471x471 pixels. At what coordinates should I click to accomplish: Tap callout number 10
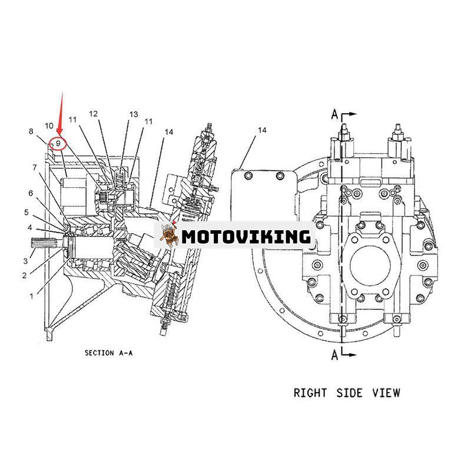(x=49, y=125)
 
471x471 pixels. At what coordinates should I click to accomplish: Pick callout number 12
(x=94, y=113)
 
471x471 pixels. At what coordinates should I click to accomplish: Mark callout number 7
(x=35, y=167)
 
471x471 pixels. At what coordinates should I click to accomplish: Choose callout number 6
(x=31, y=193)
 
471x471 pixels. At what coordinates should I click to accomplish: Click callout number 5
(x=26, y=212)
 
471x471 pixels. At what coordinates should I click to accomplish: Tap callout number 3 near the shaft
(x=25, y=261)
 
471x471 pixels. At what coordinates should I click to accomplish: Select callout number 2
(x=24, y=275)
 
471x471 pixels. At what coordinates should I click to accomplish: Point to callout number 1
(x=31, y=296)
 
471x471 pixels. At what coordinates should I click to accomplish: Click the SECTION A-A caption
(x=108, y=353)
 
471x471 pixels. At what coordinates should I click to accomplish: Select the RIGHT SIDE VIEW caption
(x=347, y=392)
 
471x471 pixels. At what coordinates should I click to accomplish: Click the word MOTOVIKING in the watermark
(x=246, y=237)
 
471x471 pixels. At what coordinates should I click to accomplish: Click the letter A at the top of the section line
(x=333, y=114)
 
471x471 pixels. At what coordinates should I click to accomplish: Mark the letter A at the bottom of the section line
(x=333, y=354)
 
